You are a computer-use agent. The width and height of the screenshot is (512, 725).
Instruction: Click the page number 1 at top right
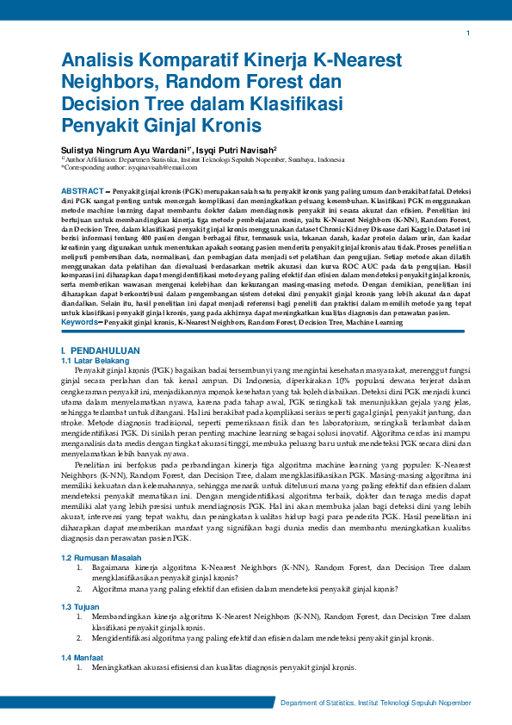pyautogui.click(x=467, y=34)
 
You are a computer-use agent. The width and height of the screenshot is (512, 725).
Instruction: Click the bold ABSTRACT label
pyautogui.click(x=85, y=189)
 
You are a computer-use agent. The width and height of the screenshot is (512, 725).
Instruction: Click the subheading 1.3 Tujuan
pyautogui.click(x=81, y=607)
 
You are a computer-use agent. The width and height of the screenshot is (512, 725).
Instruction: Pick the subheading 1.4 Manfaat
pyautogui.click(x=83, y=657)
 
